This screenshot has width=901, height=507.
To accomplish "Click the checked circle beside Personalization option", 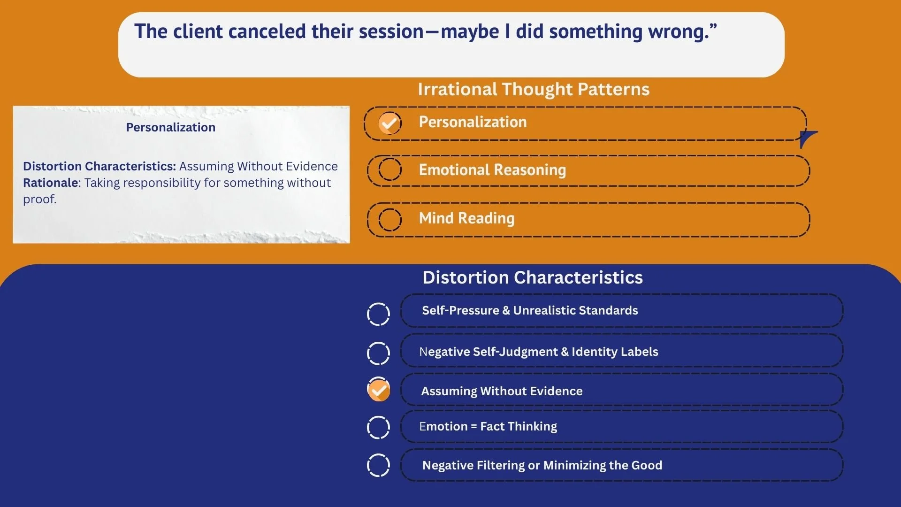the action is [x=390, y=123].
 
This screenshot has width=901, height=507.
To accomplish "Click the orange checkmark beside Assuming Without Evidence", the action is [x=378, y=390].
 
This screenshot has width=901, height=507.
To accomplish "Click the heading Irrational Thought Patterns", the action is [x=534, y=89].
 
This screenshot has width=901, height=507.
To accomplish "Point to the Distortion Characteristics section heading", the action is [x=533, y=277].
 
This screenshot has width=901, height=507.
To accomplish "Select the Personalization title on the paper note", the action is [x=171, y=127].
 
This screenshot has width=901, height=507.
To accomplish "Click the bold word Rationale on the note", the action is [x=51, y=183].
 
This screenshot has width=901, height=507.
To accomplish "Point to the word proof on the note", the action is [x=39, y=200].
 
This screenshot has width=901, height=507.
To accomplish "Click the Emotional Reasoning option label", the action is [x=492, y=170].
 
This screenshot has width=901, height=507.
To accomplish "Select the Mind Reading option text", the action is [x=466, y=218].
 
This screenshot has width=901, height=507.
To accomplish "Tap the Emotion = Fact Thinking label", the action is [x=488, y=426].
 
